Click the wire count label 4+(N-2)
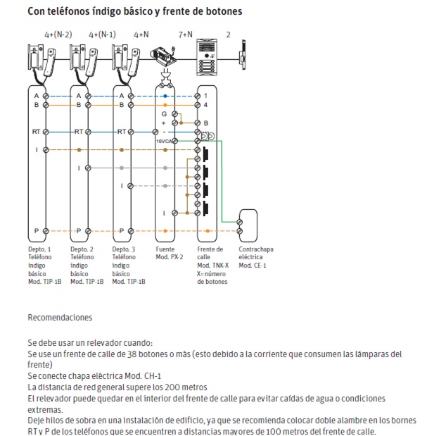pyautogui.click(x=58, y=35)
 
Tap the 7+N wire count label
pyautogui.click(x=186, y=35)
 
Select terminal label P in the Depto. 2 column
pyautogui.click(x=79, y=230)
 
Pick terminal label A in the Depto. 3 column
pyautogui.click(x=122, y=95)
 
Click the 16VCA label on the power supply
pyautogui.click(x=162, y=141)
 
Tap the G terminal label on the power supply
pyautogui.click(x=164, y=113)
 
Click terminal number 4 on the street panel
pyautogui.click(x=205, y=105)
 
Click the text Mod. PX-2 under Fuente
pyautogui.click(x=168, y=257)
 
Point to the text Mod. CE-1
pyautogui.click(x=253, y=266)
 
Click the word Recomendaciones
pyautogui.click(x=60, y=318)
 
